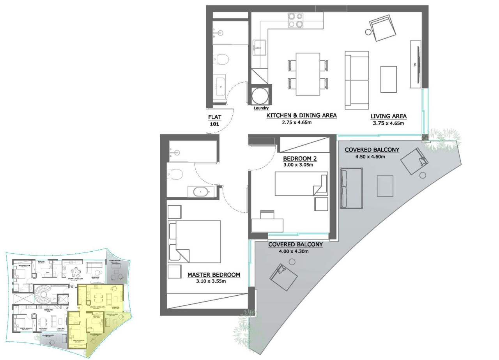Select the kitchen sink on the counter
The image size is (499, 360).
pyautogui.click(x=259, y=48)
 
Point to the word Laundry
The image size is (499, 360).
pyautogui.click(x=261, y=108)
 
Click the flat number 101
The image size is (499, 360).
pyautogui.click(x=214, y=124)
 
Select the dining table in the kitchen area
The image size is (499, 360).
pyautogui.click(x=308, y=74)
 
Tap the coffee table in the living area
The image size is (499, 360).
pyautogui.click(x=388, y=79)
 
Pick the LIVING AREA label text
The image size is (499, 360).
pyautogui.click(x=388, y=116)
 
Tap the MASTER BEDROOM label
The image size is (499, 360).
pyautogui.click(x=214, y=275)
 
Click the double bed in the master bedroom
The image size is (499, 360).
pyautogui.click(x=195, y=242)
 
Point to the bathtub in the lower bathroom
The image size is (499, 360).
pyautogui.click(x=201, y=192)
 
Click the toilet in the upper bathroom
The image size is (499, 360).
pyautogui.click(x=221, y=59)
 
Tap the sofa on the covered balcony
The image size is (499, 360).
pyautogui.click(x=351, y=188)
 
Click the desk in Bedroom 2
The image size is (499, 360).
pyautogui.click(x=267, y=225)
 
